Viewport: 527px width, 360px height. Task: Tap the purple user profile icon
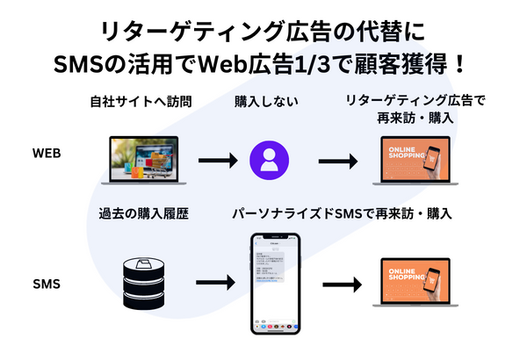269,161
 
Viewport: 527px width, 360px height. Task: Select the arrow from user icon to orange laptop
338,162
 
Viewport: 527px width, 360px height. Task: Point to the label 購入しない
265,103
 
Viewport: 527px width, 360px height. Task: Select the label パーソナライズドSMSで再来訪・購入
342,213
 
